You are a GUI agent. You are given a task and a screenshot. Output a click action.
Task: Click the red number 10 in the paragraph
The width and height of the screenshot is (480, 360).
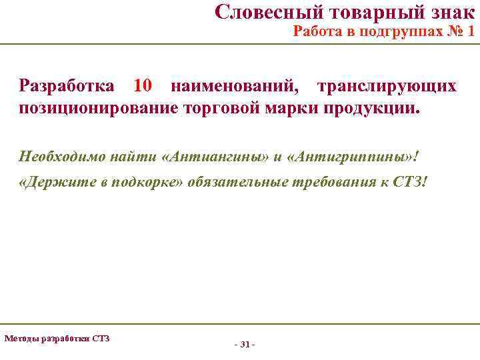coord(143,86)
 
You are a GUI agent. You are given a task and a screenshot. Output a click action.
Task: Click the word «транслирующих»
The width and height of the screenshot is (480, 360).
coord(387,86)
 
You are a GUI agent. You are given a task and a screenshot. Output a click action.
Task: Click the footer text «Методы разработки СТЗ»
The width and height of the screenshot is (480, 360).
coord(57,338)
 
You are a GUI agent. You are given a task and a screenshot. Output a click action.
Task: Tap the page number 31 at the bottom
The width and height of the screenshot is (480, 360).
coord(244,345)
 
